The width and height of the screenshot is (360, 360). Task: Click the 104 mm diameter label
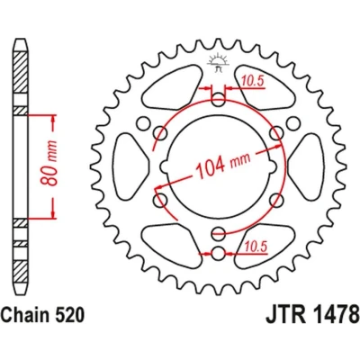point(222,166)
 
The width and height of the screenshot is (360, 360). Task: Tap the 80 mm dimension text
point(49,163)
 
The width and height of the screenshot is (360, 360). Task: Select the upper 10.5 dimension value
point(253,81)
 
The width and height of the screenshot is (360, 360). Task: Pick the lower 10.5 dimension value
point(256,247)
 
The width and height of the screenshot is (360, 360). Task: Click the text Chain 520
point(42,315)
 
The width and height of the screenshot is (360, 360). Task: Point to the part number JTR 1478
point(312,314)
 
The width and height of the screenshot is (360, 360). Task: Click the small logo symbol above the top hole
point(218,63)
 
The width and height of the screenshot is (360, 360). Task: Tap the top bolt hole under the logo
point(219,100)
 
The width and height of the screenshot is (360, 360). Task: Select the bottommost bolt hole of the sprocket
point(218,254)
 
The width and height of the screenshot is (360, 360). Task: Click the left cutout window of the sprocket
point(130,167)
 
